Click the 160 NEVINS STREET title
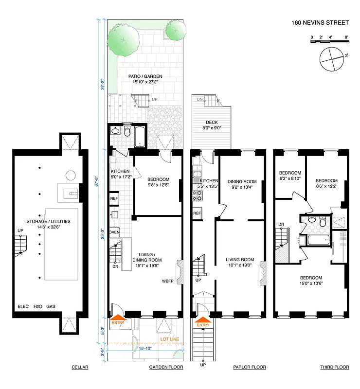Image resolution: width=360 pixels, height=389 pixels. tap(320, 22)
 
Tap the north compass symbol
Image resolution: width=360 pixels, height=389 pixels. tap(331, 58)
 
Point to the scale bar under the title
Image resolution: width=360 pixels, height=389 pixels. tap(329, 43)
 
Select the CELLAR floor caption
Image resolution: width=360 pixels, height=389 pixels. tap(79, 367)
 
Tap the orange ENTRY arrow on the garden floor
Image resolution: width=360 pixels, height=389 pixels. tap(118, 318)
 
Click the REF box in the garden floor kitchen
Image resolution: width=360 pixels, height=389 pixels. tap(114, 198)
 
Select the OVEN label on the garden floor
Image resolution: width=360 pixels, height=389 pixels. tap(114, 232)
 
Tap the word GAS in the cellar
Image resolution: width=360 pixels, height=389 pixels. tap(51, 306)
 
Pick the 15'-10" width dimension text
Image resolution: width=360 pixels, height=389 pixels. tap(145, 348)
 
